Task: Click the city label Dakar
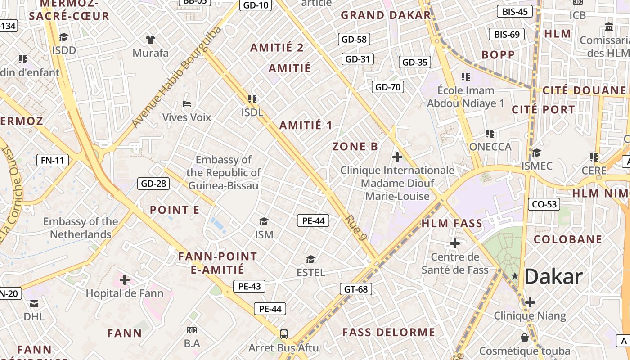pyautogui.click(x=553, y=276)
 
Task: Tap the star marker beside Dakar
pyautogui.click(x=515, y=275)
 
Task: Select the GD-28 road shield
pyautogui.click(x=153, y=183)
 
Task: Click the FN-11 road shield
pyautogui.click(x=53, y=160)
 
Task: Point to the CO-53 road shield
pyautogui.click(x=544, y=204)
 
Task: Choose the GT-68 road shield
pyautogui.click(x=355, y=289)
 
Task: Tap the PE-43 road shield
pyautogui.click(x=249, y=286)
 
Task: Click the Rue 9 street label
pyautogui.click(x=355, y=227)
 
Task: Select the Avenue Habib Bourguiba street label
pyautogui.click(x=177, y=76)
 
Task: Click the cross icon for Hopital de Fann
pyautogui.click(x=125, y=280)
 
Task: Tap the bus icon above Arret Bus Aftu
pyautogui.click(x=284, y=334)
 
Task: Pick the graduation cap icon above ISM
pyautogui.click(x=264, y=221)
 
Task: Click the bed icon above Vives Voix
pyautogui.click(x=187, y=104)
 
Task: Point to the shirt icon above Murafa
pyautogui.click(x=150, y=40)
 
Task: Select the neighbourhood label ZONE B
pyautogui.click(x=355, y=146)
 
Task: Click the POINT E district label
pyautogui.click(x=174, y=210)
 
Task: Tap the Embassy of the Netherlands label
pyautogui.click(x=81, y=228)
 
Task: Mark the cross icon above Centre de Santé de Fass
pyautogui.click(x=455, y=243)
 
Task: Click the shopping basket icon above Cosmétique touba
pyautogui.click(x=525, y=337)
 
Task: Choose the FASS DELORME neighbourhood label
pyautogui.click(x=389, y=333)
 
